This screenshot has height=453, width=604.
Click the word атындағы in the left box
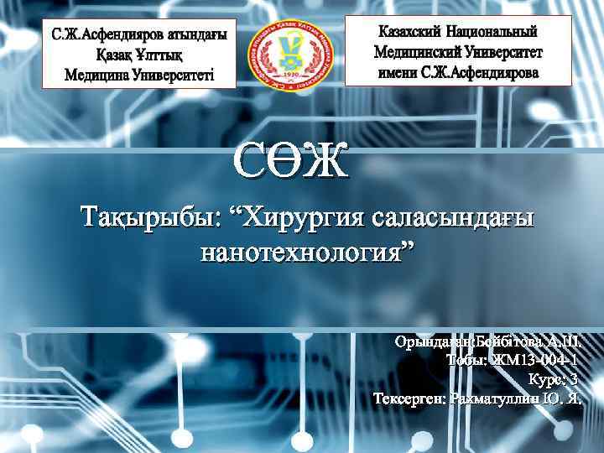[188, 38]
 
